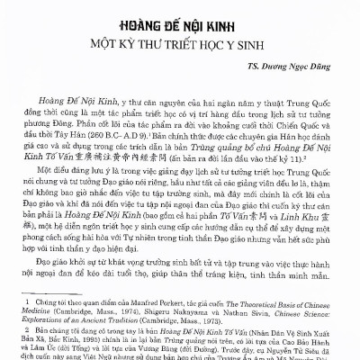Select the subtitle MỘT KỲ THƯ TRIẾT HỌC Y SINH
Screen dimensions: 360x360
coord(180,44)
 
